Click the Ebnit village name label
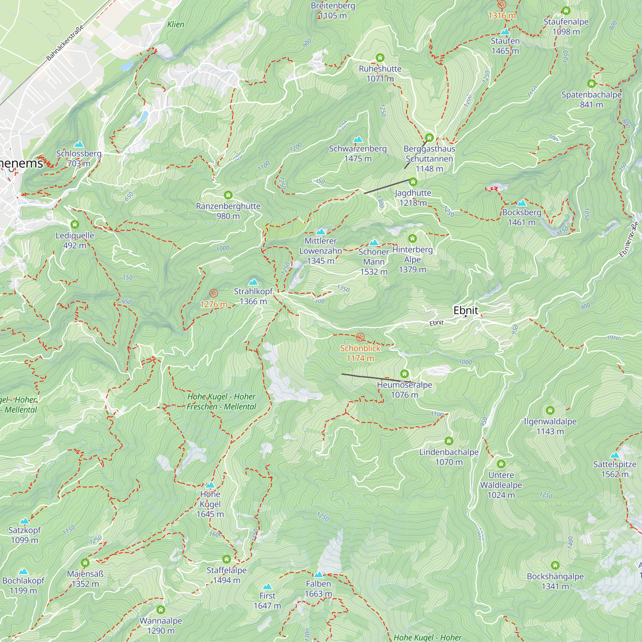(x=465, y=310)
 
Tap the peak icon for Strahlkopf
(x=253, y=282)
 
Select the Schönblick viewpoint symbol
(x=360, y=337)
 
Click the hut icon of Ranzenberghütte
(x=228, y=195)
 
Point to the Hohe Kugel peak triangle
(x=210, y=485)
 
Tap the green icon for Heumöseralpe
(x=404, y=374)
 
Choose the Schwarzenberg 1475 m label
(x=358, y=153)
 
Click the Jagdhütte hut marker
(x=413, y=182)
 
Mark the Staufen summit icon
(x=505, y=32)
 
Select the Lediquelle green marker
(x=75, y=224)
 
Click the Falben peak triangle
(x=318, y=575)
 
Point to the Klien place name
(x=176, y=25)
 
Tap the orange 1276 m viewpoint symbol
(x=214, y=293)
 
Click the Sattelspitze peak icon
(x=615, y=455)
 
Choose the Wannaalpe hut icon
(x=161, y=610)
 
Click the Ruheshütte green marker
(x=380, y=58)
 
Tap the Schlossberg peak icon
(x=79, y=144)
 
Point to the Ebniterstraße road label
(x=629, y=239)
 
